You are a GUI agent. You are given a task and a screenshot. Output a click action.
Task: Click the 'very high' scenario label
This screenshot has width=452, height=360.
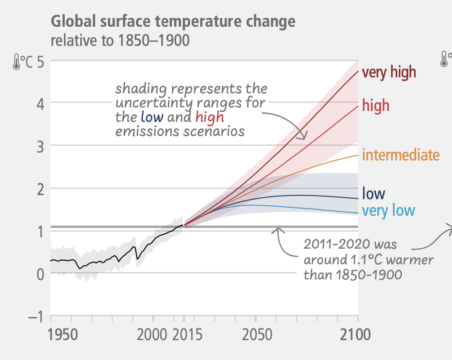389,72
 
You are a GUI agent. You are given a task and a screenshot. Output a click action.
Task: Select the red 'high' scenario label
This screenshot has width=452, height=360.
376,106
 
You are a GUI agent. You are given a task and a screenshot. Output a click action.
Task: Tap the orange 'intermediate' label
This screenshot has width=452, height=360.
401,155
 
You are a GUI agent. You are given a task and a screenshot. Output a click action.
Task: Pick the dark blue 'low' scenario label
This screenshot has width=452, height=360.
374,194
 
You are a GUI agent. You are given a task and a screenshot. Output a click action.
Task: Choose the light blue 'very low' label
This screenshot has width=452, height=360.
388,211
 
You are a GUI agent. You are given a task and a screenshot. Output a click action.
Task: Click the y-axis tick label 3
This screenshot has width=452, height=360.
40,146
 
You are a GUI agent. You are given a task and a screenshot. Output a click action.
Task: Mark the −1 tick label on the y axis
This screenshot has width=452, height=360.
36,317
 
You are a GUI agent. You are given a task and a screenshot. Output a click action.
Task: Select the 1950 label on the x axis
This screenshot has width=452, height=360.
63,335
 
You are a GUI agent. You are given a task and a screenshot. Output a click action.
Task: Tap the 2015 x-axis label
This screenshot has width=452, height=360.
187,335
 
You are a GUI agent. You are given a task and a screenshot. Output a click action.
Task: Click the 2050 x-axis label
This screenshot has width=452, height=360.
257,335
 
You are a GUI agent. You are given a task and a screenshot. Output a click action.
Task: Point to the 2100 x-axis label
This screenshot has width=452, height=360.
355,335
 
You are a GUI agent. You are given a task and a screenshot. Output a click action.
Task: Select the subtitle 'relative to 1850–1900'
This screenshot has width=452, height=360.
120,40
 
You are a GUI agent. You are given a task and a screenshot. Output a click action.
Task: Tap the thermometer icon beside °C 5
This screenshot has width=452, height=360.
16,62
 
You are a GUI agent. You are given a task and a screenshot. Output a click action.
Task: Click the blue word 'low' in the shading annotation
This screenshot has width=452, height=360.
152,117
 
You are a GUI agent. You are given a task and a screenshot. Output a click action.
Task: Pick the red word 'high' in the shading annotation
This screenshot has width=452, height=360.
210,117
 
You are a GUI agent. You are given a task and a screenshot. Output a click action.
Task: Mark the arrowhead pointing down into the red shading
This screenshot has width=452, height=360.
303,137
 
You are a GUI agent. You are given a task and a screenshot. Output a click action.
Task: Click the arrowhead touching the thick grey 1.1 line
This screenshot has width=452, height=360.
278,230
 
